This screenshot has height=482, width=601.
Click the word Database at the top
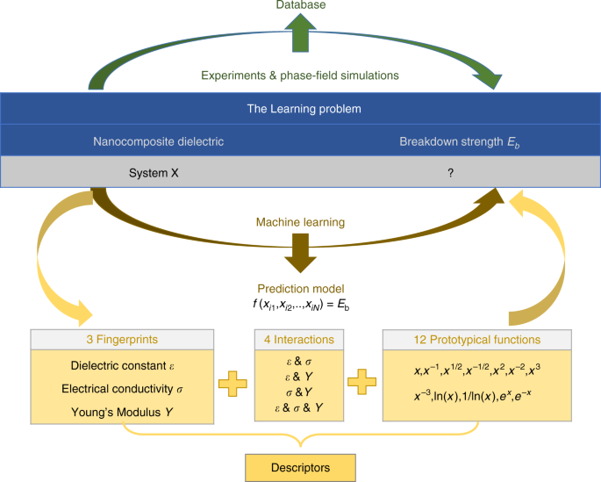(300, 5)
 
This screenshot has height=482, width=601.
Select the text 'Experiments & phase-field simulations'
(300, 76)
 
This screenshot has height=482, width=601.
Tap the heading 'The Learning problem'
(300, 109)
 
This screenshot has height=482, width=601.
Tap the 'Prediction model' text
(300, 288)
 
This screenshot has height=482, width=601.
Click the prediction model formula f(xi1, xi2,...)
(300, 305)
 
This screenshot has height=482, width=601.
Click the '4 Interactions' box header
(300, 337)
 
